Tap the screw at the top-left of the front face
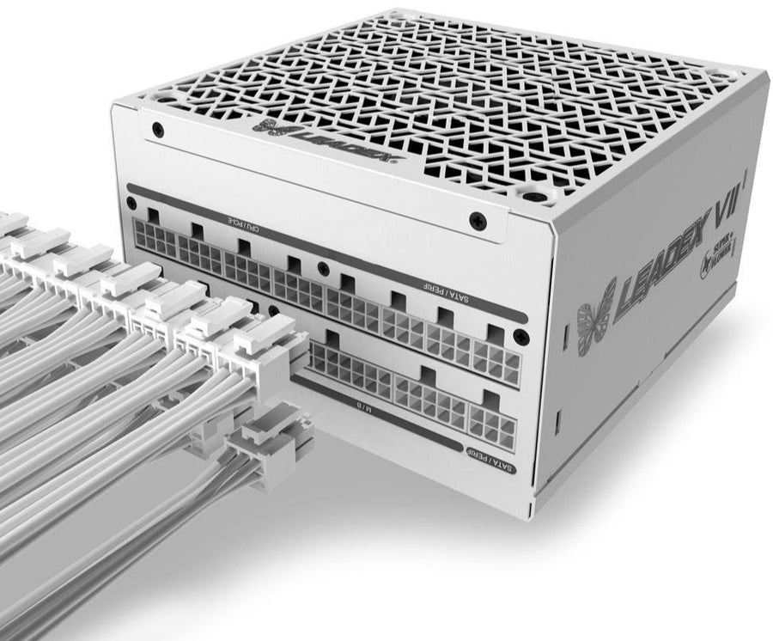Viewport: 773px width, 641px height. click(157, 130)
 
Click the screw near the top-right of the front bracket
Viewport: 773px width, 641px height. click(478, 222)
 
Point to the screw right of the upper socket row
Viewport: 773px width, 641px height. click(519, 336)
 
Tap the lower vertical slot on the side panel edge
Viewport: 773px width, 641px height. click(559, 421)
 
